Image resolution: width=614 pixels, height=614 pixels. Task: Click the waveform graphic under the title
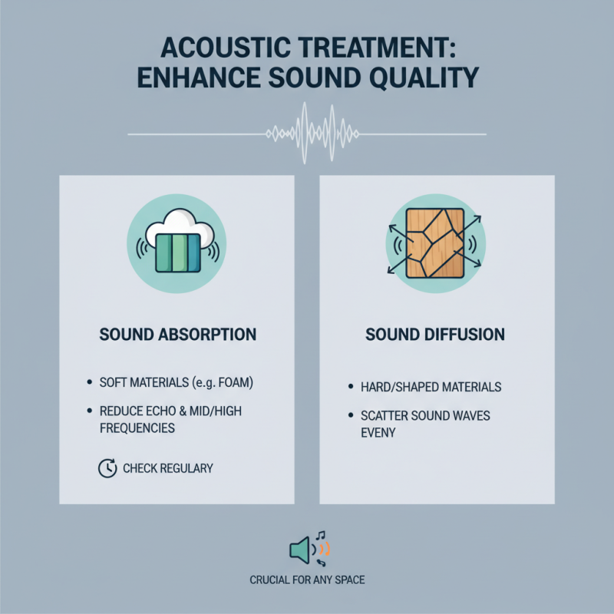[307, 134]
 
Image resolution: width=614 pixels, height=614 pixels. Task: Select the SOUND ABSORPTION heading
[177, 335]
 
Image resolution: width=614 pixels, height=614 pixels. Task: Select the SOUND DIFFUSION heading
[435, 335]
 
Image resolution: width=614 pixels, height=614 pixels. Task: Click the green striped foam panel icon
[177, 253]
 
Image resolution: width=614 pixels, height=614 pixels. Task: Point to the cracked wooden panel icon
[435, 243]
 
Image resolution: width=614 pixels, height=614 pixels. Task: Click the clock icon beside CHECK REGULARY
[107, 467]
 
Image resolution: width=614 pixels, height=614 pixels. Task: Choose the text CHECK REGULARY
[168, 467]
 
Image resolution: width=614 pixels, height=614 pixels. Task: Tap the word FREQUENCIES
[137, 428]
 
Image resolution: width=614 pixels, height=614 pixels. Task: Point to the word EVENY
[378, 432]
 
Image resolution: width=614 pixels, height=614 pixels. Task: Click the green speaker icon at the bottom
[300, 550]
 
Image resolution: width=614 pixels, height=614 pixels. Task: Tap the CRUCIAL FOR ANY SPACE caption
[307, 580]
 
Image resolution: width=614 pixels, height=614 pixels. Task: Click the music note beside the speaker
[321, 536]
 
